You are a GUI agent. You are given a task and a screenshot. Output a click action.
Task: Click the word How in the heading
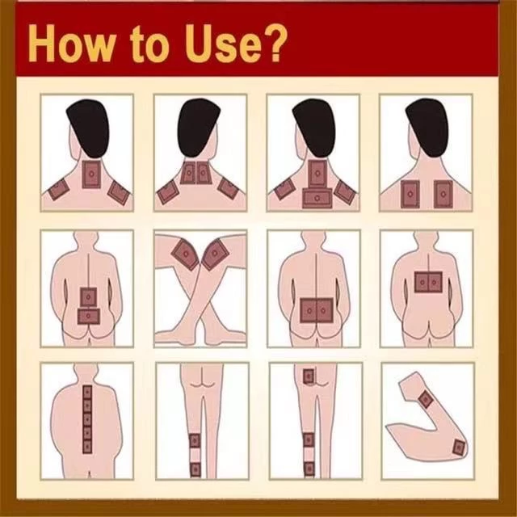tap(70, 44)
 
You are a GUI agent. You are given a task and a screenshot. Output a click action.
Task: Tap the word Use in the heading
tap(220, 44)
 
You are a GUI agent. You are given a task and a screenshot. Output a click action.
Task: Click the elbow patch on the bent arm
tap(459, 448)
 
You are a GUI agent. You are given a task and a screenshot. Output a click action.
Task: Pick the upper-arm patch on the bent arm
tap(426, 399)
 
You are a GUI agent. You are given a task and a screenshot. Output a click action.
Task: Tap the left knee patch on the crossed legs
tap(185, 254)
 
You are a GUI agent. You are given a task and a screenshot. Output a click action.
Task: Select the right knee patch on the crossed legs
tap(216, 254)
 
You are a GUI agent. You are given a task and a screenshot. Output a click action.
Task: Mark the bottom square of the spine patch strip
tap(87, 447)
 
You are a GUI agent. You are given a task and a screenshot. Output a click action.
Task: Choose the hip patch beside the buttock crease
tap(309, 376)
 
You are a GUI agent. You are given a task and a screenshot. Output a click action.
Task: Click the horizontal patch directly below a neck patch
tap(317, 198)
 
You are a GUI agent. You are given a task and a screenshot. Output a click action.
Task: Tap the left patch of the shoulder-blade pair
tap(410, 194)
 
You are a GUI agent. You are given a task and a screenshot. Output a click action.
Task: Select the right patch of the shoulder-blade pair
tap(443, 194)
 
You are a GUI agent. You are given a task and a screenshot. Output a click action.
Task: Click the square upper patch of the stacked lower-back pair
tap(88, 297)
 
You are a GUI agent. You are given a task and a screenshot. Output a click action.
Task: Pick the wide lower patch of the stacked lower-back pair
tap(88, 316)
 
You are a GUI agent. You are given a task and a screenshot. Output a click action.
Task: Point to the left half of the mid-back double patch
tap(422, 282)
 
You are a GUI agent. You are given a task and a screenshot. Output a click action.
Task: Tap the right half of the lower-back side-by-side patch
tap(325, 310)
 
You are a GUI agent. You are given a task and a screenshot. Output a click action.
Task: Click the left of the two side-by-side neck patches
tap(188, 172)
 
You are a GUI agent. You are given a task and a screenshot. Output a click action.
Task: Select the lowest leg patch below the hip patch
tap(309, 469)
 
